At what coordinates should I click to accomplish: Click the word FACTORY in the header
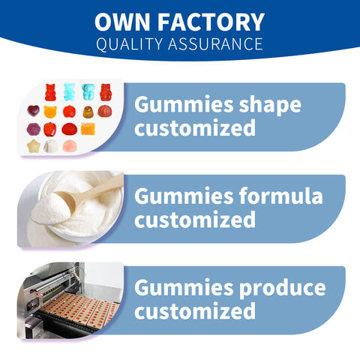tap(211, 22)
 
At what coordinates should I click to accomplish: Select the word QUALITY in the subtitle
tap(130, 44)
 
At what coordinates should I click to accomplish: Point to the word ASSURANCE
tap(215, 44)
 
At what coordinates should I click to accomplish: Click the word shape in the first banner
tap(270, 105)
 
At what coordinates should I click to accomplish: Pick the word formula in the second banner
tap(280, 196)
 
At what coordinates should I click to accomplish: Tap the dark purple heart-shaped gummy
tap(33, 110)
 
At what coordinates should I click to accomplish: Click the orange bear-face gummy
tap(50, 112)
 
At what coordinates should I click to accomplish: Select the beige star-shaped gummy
tap(33, 146)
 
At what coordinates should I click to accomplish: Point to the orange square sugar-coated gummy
tap(88, 129)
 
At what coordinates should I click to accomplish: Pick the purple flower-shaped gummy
tap(34, 129)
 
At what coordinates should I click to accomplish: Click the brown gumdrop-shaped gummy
tap(88, 112)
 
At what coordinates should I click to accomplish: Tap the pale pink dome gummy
tap(70, 146)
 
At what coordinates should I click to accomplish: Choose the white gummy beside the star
tap(51, 146)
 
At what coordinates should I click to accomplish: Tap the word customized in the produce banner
tap(195, 310)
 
